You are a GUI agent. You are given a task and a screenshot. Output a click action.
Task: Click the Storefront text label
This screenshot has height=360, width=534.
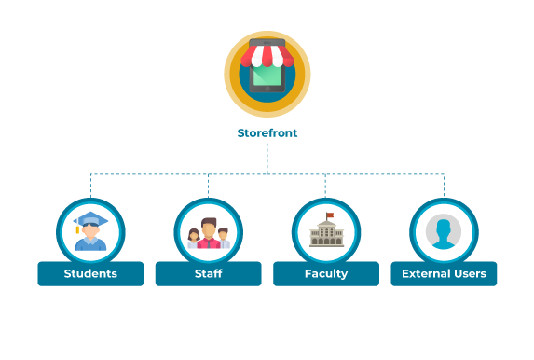pyautogui.click(x=267, y=133)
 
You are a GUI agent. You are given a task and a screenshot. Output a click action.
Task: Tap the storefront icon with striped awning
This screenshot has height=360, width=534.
pyautogui.click(x=267, y=73)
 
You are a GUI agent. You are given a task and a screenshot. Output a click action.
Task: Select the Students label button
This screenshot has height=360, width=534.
pyautogui.click(x=90, y=273)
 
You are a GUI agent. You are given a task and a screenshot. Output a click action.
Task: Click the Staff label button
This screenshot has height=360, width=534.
pyautogui.click(x=208, y=273)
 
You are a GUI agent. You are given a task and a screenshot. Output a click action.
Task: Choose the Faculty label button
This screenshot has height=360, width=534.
pyautogui.click(x=326, y=273)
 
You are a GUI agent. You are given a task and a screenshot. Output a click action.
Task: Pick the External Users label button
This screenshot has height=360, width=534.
pyautogui.click(x=444, y=273)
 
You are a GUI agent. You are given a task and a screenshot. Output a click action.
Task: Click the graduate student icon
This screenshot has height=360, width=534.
pyautogui.click(x=90, y=231)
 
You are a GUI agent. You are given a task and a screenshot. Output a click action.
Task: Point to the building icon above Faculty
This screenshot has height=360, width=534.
pyautogui.click(x=326, y=231)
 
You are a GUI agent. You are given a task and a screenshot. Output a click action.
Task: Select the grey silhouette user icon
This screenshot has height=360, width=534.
pyautogui.click(x=444, y=231)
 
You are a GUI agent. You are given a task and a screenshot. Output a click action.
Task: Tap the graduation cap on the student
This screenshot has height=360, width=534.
pyautogui.click(x=89, y=220)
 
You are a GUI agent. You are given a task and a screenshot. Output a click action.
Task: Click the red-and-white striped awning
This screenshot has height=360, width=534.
pyautogui.click(x=267, y=55)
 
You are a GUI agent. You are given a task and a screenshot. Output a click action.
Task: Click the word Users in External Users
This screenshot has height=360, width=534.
pyautogui.click(x=468, y=273)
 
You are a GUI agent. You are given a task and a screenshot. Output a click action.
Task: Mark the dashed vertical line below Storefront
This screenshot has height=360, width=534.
pyautogui.click(x=267, y=159)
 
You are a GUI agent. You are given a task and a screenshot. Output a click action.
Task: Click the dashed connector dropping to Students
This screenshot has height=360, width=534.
pyautogui.click(x=90, y=186)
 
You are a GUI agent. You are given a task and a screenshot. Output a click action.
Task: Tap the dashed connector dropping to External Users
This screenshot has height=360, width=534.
pyautogui.click(x=444, y=186)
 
